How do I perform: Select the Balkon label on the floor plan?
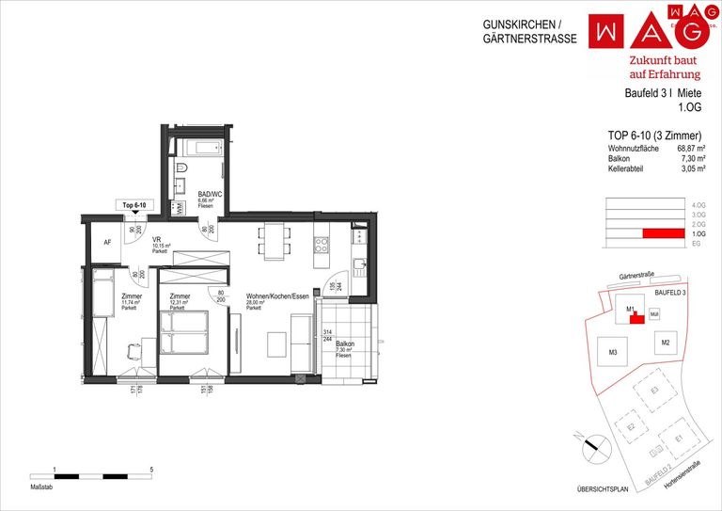(x=345, y=345)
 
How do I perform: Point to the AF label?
(x=107, y=242)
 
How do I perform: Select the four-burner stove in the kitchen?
(x=321, y=246)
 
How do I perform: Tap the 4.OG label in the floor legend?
(x=698, y=205)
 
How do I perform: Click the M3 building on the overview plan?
(x=612, y=353)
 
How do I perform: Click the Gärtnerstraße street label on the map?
(x=636, y=276)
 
